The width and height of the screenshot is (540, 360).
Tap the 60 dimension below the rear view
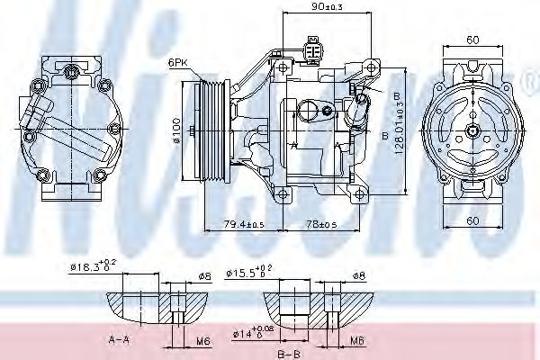point(472,220)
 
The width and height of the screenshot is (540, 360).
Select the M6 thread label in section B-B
point(357,340)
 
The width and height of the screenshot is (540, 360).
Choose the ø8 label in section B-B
point(357,275)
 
